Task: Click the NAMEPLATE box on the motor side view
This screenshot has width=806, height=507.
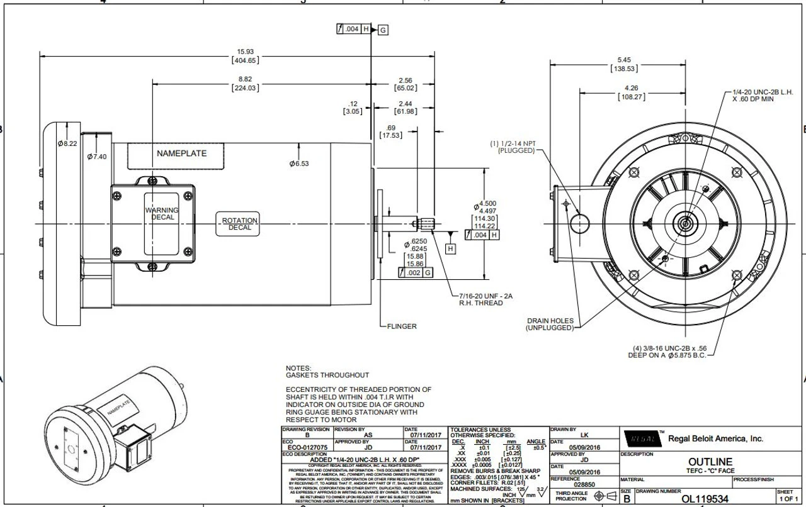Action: [x=181, y=153]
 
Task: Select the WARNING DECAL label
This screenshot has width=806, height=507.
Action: [x=162, y=214]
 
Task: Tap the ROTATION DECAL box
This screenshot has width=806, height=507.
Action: [x=240, y=224]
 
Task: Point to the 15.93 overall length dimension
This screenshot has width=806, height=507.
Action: [x=246, y=52]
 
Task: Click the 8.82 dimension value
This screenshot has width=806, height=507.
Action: [x=246, y=79]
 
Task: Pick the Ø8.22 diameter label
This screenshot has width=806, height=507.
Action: [x=67, y=144]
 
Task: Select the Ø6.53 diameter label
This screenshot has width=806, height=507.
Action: [x=300, y=164]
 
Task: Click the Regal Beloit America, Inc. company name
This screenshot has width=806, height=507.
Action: [x=715, y=438]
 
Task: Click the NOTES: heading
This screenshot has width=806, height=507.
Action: [x=298, y=368]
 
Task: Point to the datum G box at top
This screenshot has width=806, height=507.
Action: [x=383, y=30]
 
